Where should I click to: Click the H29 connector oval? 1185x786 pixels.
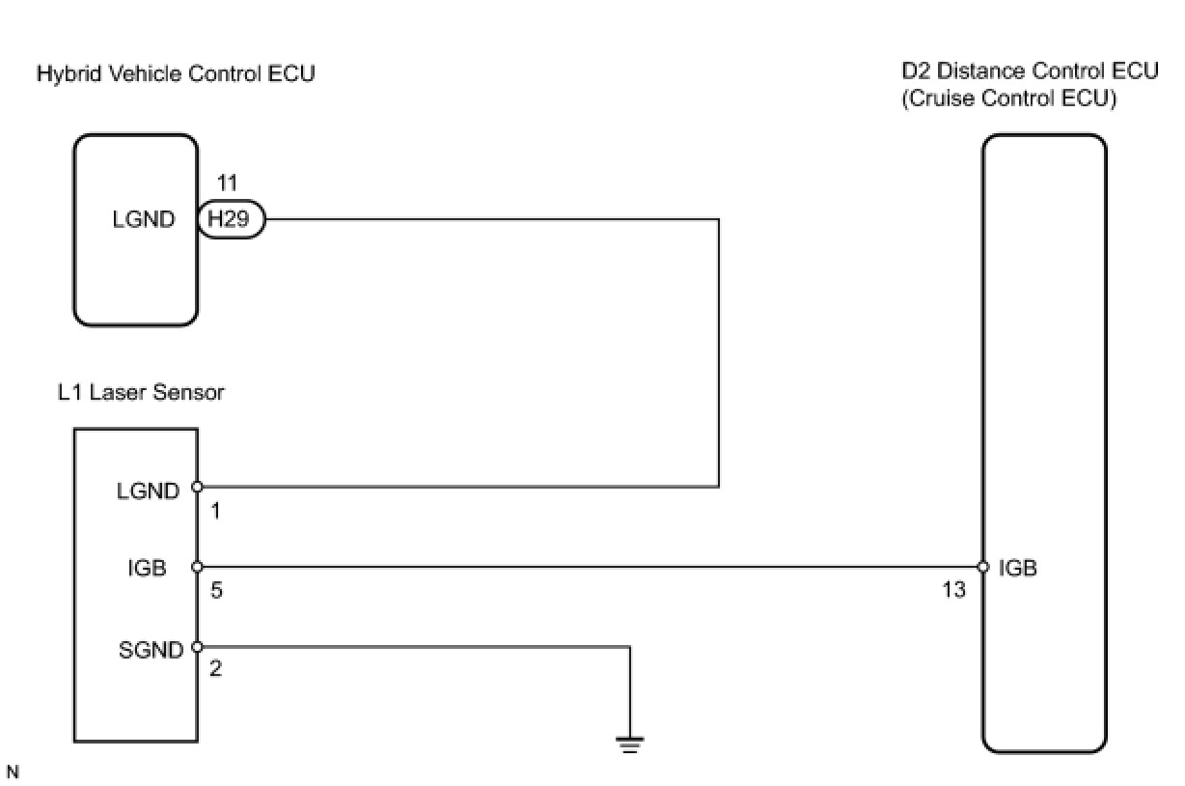pyautogui.click(x=231, y=220)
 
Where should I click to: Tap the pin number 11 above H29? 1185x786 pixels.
pyautogui.click(x=228, y=183)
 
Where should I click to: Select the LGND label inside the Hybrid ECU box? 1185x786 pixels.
pyautogui.click(x=145, y=220)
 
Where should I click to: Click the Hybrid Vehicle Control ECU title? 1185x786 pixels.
pyautogui.click(x=175, y=73)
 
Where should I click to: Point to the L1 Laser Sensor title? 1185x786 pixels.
pyautogui.click(x=141, y=393)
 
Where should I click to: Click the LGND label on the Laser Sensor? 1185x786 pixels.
pyautogui.click(x=149, y=491)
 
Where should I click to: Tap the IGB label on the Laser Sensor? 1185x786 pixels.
pyautogui.click(x=147, y=569)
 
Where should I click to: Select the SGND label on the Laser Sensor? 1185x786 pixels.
pyautogui.click(x=150, y=650)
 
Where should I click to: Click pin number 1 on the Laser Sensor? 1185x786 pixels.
pyautogui.click(x=215, y=511)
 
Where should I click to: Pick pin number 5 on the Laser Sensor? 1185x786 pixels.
pyautogui.click(x=216, y=589)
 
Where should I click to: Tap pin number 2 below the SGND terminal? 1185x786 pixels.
pyautogui.click(x=215, y=668)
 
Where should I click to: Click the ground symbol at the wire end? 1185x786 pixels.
pyautogui.click(x=630, y=744)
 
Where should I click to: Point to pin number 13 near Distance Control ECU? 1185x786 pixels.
pyautogui.click(x=953, y=589)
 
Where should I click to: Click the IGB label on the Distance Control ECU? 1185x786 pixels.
pyautogui.click(x=1018, y=569)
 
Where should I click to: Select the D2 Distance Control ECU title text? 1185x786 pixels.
pyautogui.click(x=1029, y=71)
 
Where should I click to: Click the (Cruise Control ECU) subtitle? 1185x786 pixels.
pyautogui.click(x=1008, y=99)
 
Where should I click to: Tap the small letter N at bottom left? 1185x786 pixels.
pyautogui.click(x=12, y=772)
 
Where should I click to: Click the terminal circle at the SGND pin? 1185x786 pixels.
pyautogui.click(x=197, y=647)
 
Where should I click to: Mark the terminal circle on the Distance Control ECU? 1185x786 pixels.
pyautogui.click(x=983, y=567)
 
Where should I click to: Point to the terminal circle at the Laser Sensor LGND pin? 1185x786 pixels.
pyautogui.click(x=197, y=487)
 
